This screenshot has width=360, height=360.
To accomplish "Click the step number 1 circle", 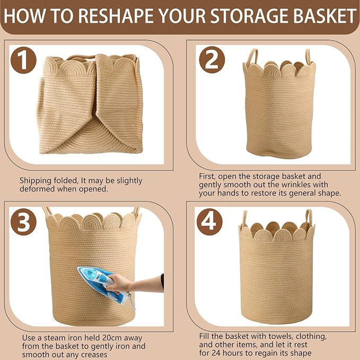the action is (x=23, y=60).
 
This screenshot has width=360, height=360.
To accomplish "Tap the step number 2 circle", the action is (x=212, y=60).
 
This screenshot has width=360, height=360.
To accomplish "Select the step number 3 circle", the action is (x=23, y=222).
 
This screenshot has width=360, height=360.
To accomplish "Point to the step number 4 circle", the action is (x=209, y=222).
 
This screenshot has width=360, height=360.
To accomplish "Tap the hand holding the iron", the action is (x=118, y=283).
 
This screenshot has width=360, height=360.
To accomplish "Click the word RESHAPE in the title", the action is (x=117, y=16).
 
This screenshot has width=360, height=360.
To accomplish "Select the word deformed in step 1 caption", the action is (x=37, y=189).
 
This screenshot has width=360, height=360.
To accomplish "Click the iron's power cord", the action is (x=132, y=301).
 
